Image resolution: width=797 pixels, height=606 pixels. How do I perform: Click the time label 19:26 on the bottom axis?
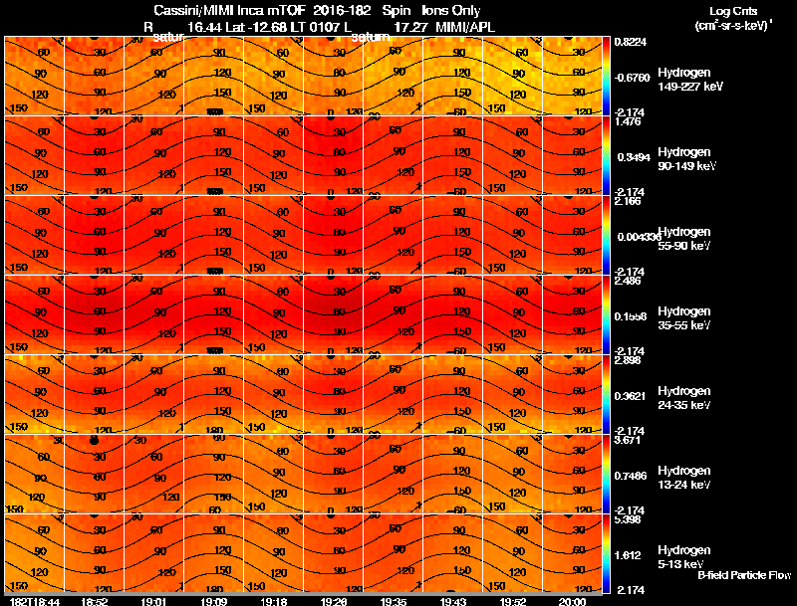point(333,601)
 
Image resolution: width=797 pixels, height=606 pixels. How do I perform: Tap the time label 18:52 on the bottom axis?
point(94,601)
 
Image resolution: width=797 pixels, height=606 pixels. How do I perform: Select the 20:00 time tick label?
point(572,601)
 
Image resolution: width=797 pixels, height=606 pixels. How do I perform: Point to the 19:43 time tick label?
point(452,601)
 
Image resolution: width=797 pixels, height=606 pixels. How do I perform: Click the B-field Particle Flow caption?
point(743,575)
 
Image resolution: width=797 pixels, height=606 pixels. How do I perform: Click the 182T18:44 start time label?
point(32,601)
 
